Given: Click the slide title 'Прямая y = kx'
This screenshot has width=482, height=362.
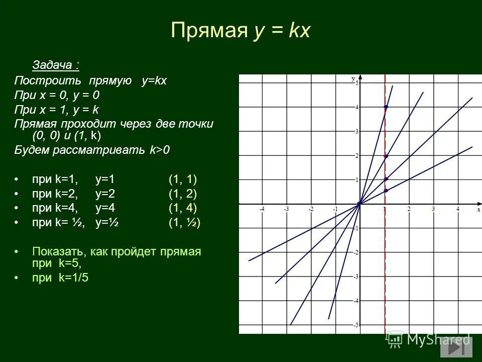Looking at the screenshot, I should pos(240,31).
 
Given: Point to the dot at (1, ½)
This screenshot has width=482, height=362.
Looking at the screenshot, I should pos(386,191).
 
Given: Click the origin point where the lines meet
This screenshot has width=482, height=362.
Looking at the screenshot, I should pos(359,204).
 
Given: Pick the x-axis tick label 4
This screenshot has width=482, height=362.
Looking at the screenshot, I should pos(457,209).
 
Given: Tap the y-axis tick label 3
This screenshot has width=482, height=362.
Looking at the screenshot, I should pos(356,132).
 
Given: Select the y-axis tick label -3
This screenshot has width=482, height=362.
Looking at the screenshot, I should pos(355,277).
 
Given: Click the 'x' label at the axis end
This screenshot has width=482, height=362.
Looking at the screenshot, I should pos(478,209).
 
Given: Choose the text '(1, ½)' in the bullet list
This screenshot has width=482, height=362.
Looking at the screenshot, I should pos(184,222).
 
